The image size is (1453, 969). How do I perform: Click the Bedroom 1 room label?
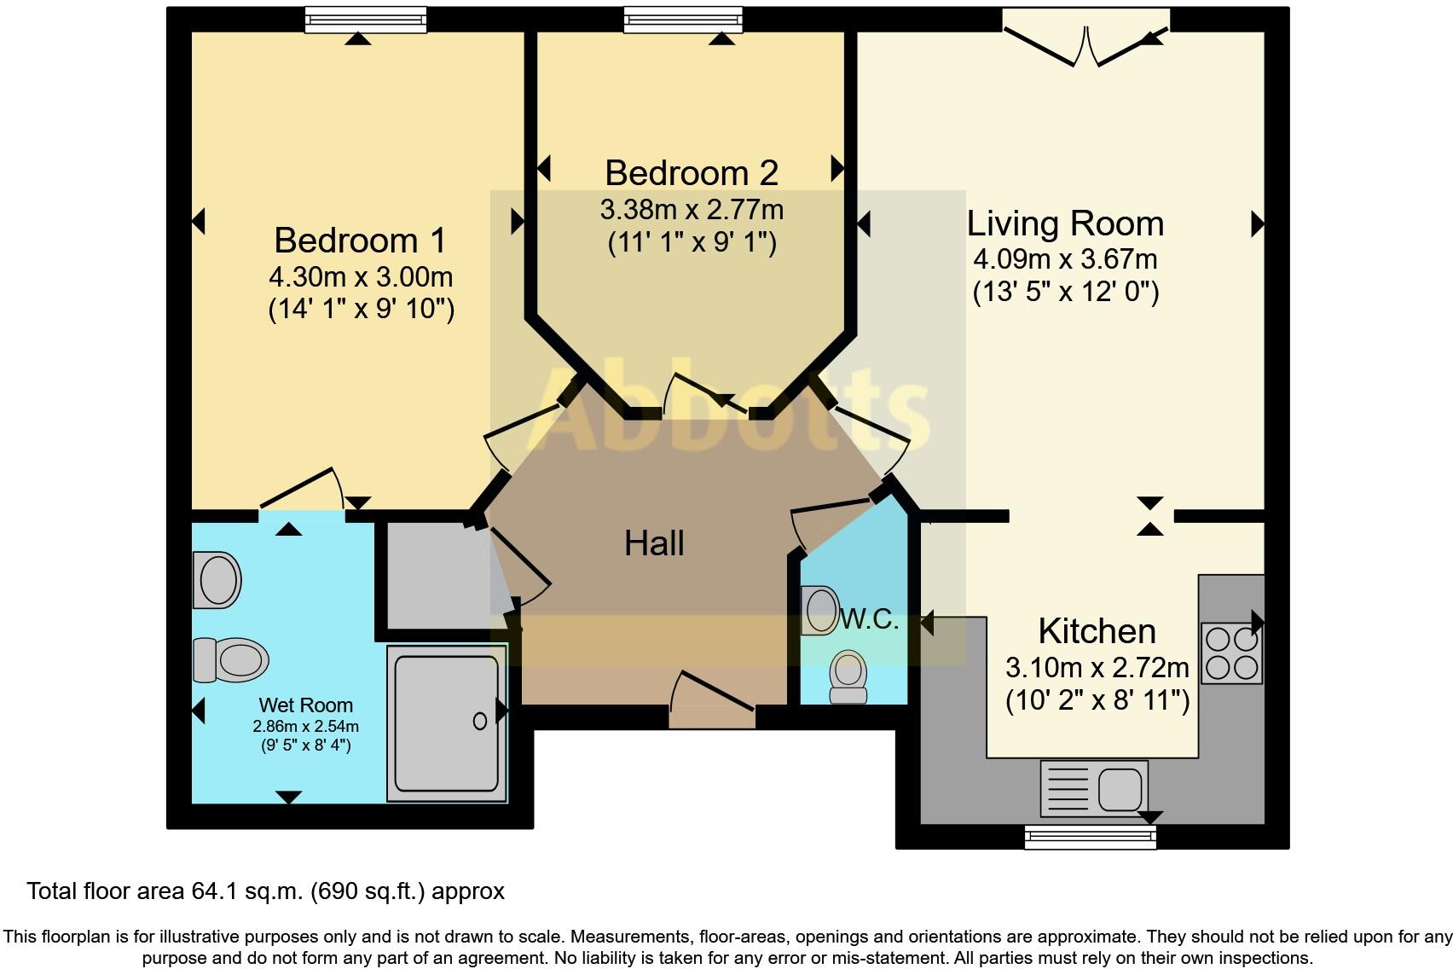pyautogui.click(x=360, y=240)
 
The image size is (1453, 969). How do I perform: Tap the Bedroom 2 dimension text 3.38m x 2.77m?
pyautogui.click(x=692, y=210)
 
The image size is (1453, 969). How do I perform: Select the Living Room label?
pyautogui.click(x=1065, y=223)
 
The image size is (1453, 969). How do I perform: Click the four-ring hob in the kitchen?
pyautogui.click(x=1232, y=653)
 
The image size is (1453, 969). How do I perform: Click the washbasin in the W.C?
pyautogui.click(x=819, y=610)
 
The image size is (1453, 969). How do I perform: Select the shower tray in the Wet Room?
pyautogui.click(x=446, y=723)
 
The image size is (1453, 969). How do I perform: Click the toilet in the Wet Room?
pyautogui.click(x=231, y=659)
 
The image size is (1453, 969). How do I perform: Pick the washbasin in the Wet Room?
pyautogui.click(x=217, y=580)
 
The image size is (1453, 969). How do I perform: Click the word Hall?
pyautogui.click(x=654, y=543)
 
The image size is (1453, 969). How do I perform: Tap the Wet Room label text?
pyautogui.click(x=305, y=705)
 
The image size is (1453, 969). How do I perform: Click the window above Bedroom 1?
pyautogui.click(x=366, y=20)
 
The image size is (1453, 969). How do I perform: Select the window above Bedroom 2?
pyautogui.click(x=682, y=20)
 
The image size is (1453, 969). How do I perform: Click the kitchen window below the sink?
pyautogui.click(x=1091, y=837)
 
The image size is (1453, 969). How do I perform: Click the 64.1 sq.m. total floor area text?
pyautogui.click(x=265, y=891)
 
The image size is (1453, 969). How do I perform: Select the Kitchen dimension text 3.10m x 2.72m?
pyautogui.click(x=1097, y=666)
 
